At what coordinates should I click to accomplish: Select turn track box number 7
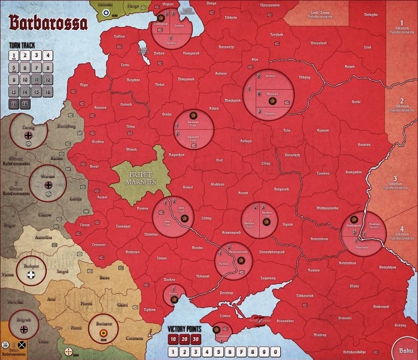pyautogui.click(x=36, y=67)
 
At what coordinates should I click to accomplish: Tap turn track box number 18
pyautogui.click(x=25, y=103)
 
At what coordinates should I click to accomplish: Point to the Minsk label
pyautogui.click(x=132, y=149)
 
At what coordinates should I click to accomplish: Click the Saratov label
pyautogui.click(x=364, y=144)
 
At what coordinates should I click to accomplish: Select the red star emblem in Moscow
pyautogui.click(x=272, y=102)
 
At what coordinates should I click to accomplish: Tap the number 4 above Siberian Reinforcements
pyautogui.click(x=402, y=229)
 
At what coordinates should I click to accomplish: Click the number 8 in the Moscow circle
pyautogui.click(x=259, y=94)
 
